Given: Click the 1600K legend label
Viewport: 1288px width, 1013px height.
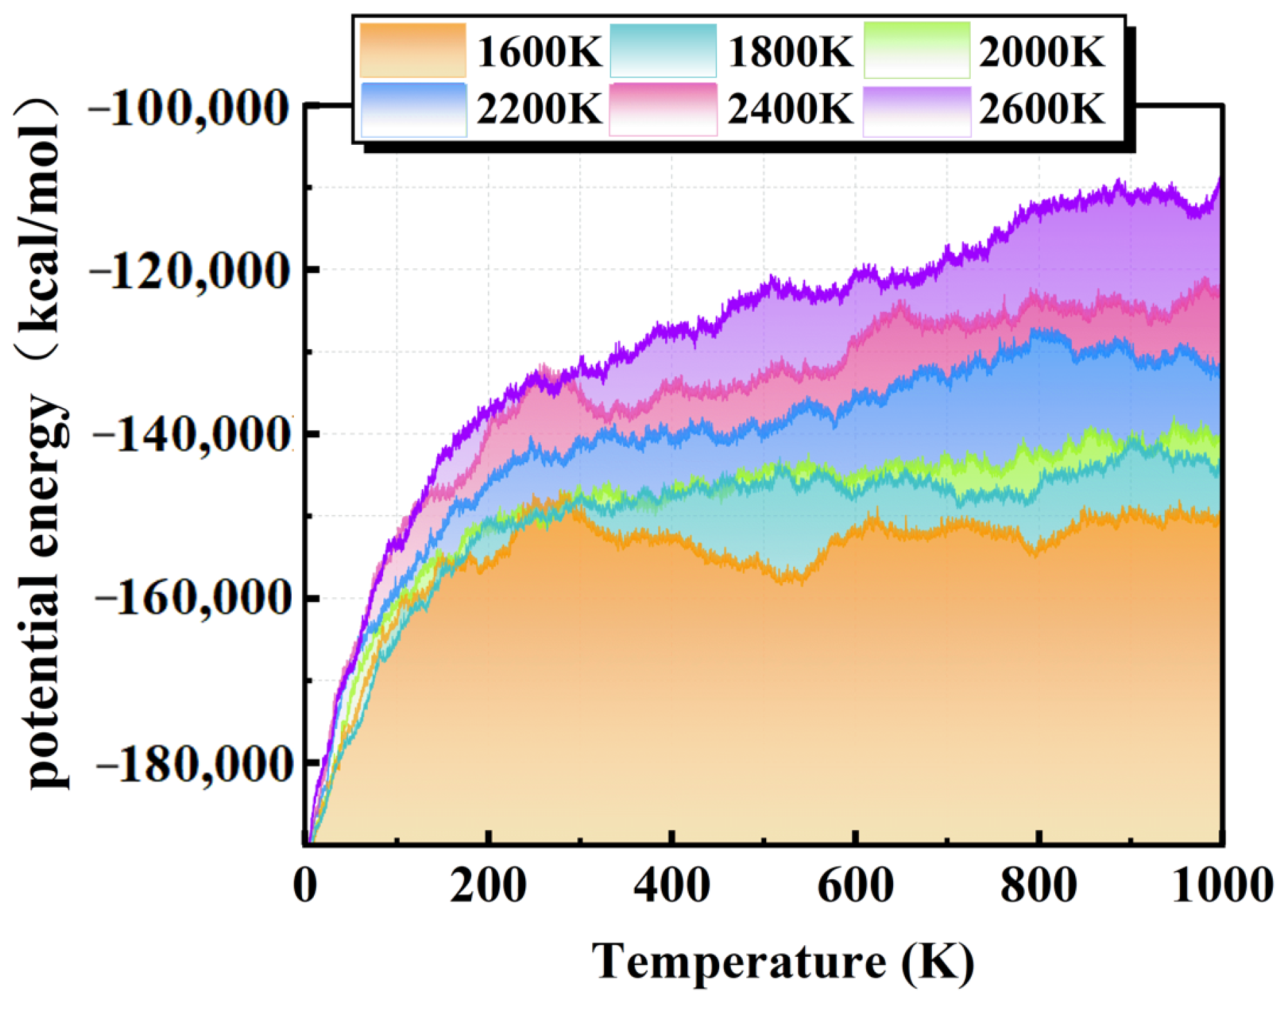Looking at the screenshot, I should click(x=539, y=51).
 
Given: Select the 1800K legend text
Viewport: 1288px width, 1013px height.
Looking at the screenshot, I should click(x=790, y=51).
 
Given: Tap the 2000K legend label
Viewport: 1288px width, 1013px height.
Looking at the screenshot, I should click(x=1041, y=51).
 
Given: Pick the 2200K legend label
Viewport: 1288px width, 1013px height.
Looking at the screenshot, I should click(x=539, y=109).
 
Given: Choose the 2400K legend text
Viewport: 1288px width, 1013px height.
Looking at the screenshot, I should click(x=790, y=109).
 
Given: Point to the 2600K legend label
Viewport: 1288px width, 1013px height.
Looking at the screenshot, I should click(x=1041, y=109).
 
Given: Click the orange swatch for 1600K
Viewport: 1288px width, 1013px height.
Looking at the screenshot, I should click(x=413, y=50).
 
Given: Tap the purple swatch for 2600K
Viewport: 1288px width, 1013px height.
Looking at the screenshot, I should click(x=917, y=111).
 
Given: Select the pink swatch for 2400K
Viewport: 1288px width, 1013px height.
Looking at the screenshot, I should click(x=663, y=109).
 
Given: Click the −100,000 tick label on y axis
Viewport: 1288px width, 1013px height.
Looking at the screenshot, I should click(x=188, y=109).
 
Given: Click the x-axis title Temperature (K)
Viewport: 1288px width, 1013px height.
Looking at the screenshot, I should click(x=783, y=962).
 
